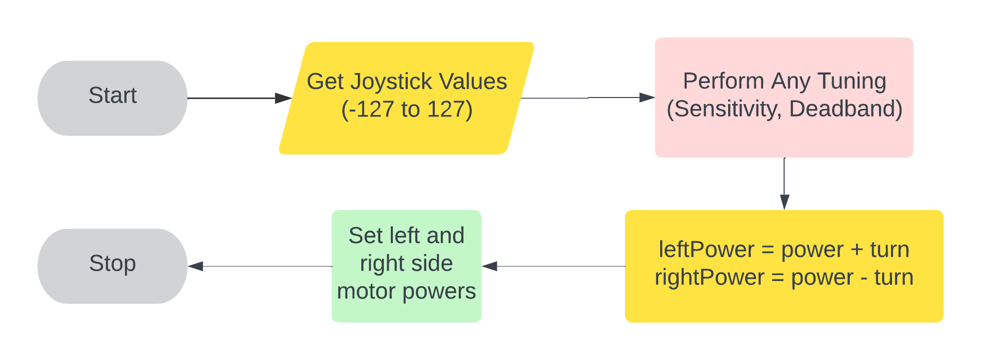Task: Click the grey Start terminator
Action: [112, 98]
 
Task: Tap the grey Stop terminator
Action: [112, 266]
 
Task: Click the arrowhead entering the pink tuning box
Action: [647, 97]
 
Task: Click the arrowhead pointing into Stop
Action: [196, 266]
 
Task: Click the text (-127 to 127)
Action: [407, 109]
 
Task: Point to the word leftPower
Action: [706, 249]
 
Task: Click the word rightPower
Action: [709, 277]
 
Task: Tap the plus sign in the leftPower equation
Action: [857, 250]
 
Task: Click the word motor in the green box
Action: [367, 291]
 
